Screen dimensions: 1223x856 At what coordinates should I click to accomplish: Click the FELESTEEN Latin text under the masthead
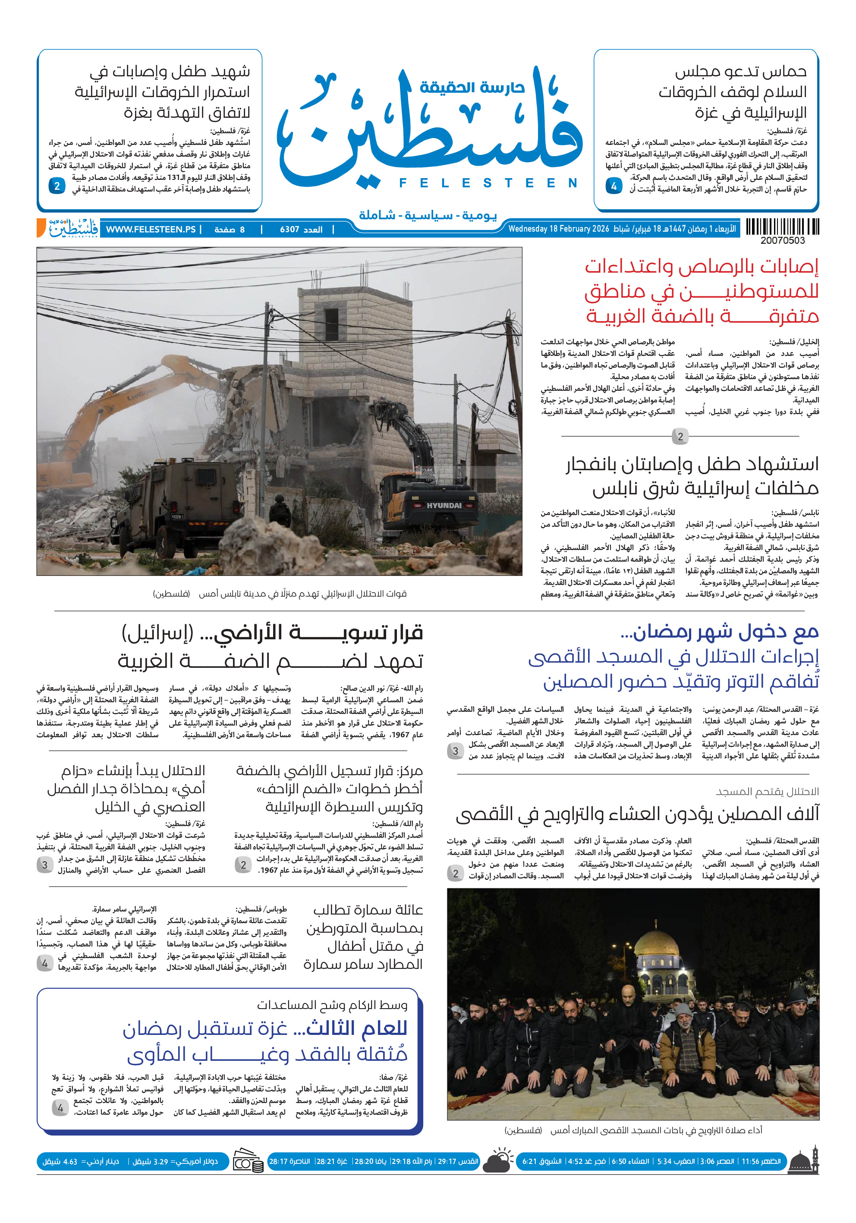488,183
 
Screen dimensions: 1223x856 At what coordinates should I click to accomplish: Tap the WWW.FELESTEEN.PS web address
151,230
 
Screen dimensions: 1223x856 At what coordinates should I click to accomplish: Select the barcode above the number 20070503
782,227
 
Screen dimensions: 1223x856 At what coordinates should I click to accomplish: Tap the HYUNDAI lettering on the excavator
444,505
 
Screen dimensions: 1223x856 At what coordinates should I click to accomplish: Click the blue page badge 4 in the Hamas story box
614,186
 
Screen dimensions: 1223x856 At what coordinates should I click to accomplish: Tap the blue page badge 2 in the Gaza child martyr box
57,186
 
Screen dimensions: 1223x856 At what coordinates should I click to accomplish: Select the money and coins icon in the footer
248,1162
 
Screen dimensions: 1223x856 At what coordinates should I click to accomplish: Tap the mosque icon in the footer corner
803,1161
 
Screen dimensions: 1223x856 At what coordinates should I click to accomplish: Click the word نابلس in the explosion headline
617,488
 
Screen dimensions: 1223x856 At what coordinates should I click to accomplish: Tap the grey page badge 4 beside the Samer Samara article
45,963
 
